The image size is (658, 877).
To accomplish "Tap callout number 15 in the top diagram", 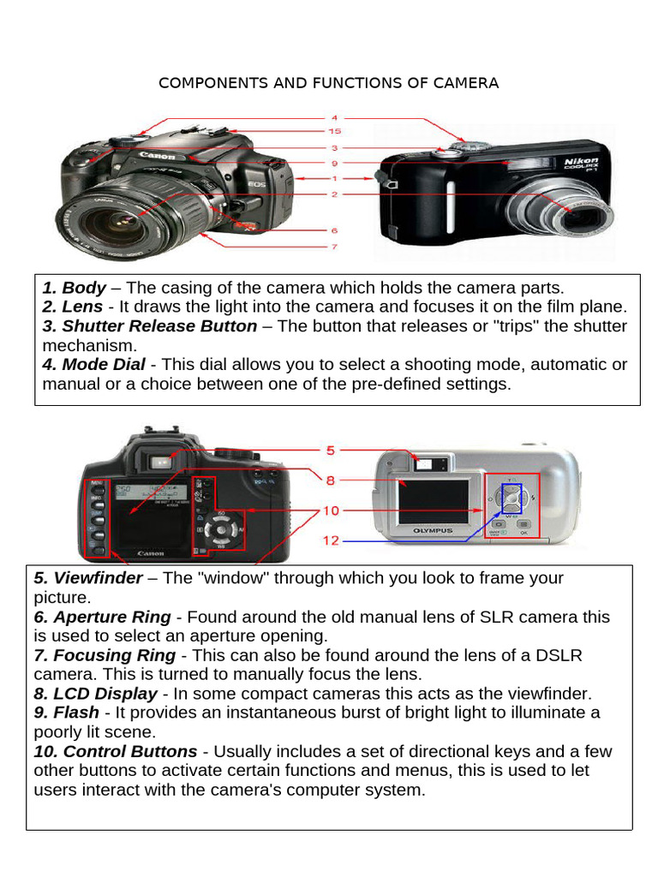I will [335, 132].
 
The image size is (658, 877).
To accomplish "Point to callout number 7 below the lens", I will [334, 247].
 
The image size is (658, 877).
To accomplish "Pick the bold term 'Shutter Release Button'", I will [159, 326].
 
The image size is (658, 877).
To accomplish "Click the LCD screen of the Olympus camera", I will [434, 502].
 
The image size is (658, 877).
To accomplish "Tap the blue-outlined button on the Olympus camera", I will [510, 498].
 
